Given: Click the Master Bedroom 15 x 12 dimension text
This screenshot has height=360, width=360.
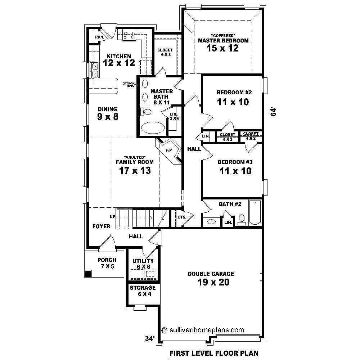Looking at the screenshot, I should click(223, 48).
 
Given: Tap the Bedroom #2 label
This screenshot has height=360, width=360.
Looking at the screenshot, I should click(232, 92).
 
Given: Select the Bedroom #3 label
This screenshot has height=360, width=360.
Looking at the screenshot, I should click(235, 162).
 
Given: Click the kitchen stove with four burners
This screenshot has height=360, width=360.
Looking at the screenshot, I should click(130, 35).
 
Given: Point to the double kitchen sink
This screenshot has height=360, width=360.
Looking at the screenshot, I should click(95, 70).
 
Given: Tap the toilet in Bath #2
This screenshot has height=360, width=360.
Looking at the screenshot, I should click(242, 219).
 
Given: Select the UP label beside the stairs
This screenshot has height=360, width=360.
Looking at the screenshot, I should click(112, 217).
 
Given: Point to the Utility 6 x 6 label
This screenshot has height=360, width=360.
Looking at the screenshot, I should click(143, 264).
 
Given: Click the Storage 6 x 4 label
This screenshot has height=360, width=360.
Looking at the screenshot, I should click(143, 291).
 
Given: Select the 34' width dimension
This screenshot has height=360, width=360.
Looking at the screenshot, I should click(150, 338).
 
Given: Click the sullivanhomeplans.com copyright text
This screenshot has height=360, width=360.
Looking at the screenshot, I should click(203, 329).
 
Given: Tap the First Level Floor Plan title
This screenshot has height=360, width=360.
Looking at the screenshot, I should click(213, 353).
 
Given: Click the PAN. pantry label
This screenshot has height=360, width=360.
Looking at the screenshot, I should click(99, 37).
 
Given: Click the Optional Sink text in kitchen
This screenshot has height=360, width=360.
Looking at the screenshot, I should click(129, 85).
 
